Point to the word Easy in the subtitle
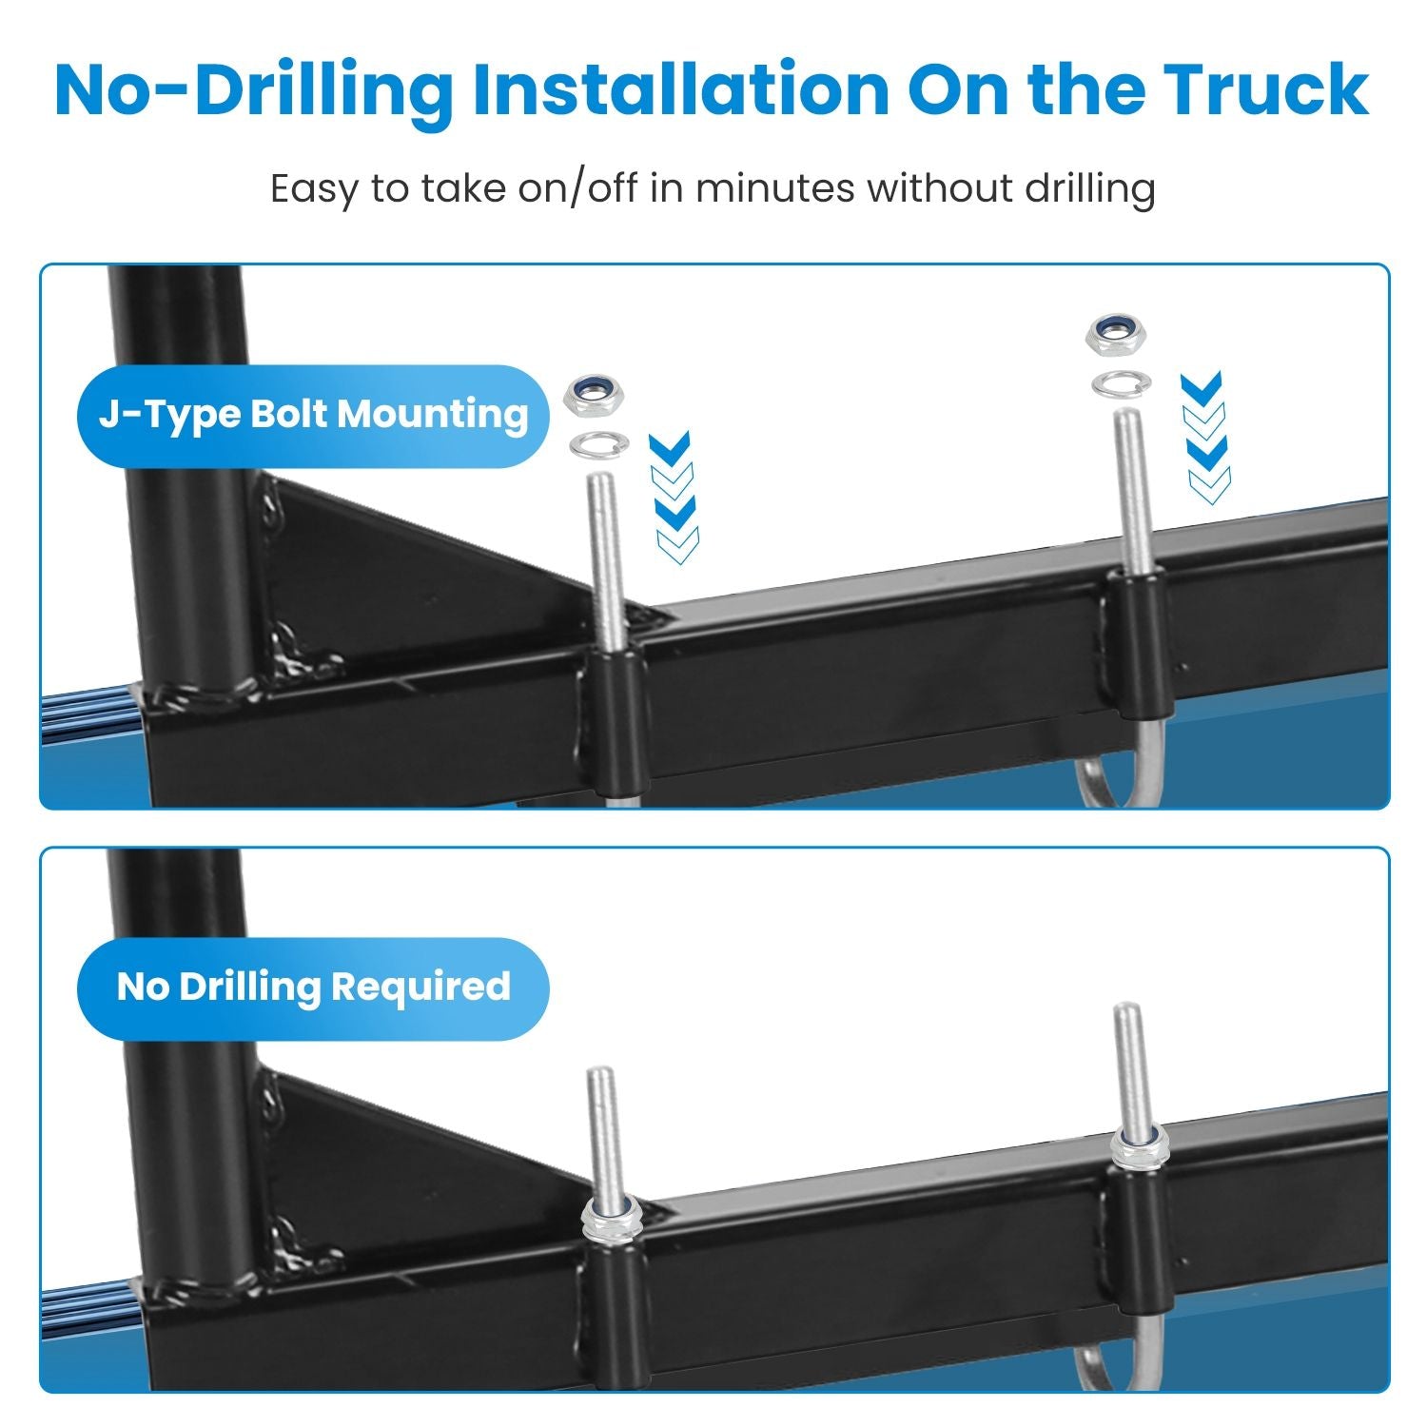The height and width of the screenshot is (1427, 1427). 316,189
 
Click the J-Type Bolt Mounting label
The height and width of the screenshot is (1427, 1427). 313,416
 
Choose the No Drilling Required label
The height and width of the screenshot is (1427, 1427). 313,987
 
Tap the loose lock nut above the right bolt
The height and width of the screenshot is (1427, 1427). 1114,334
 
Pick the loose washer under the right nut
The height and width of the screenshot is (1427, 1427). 1121,384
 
